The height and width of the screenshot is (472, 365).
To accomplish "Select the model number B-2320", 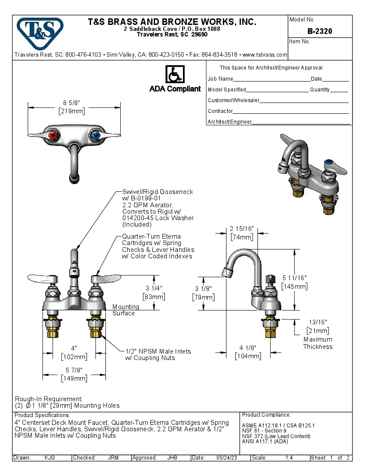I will [x=319, y=31].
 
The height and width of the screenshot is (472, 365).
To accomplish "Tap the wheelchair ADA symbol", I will [x=175, y=74].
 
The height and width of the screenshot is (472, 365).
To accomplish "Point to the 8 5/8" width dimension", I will [x=72, y=103].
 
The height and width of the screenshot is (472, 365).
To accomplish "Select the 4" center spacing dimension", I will [x=74, y=348].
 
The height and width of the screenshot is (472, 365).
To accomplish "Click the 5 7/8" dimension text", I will [x=74, y=370].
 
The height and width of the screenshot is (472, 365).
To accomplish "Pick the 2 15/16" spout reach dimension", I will [x=241, y=228].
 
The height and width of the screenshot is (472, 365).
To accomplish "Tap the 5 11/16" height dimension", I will [x=294, y=278].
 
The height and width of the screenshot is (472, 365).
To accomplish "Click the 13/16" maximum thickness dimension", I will [x=318, y=322].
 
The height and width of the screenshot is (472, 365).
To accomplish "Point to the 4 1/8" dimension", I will [x=248, y=348].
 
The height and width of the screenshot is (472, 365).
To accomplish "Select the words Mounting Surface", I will [x=125, y=310].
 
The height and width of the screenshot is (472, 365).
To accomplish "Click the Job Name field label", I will [x=220, y=79].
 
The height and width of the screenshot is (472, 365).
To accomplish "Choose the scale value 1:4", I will [x=289, y=458].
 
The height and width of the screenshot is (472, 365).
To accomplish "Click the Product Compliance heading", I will [x=266, y=415].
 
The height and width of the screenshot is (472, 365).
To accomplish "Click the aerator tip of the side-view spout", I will [x=226, y=271].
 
